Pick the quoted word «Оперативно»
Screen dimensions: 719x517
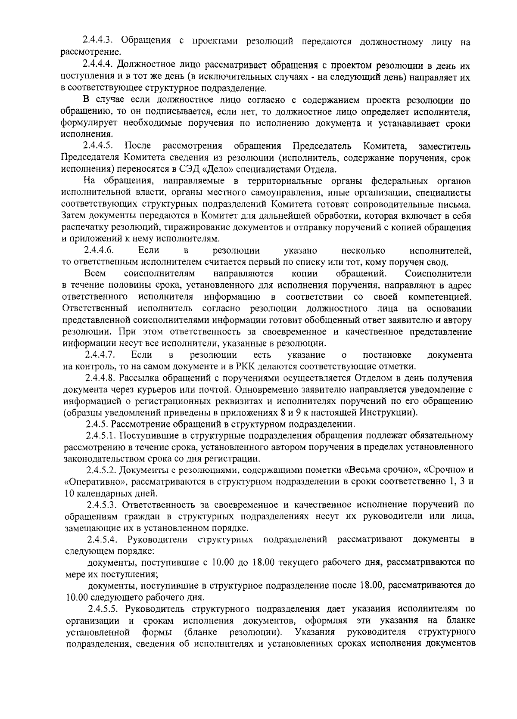tap(91, 481)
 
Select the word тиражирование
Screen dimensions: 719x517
tap(210, 227)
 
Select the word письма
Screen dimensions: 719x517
tap(458, 204)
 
